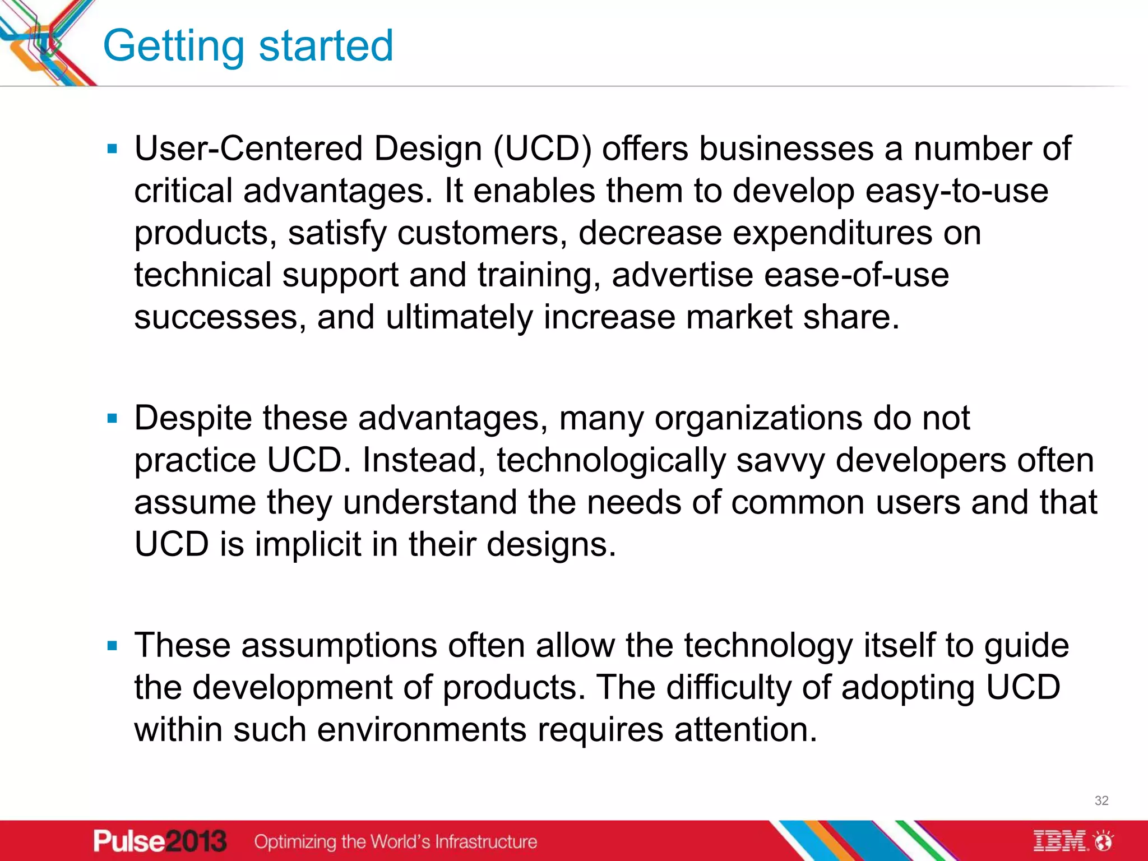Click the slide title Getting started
[x=248, y=46]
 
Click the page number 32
[x=1101, y=800]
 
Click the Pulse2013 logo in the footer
[x=160, y=841]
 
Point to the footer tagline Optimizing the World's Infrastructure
[x=395, y=841]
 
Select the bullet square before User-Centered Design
[x=112, y=149]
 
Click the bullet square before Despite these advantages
[x=112, y=418]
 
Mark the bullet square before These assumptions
[x=112, y=646]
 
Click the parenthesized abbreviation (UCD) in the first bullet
[x=542, y=149]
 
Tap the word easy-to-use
[x=956, y=191]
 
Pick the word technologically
[x=611, y=461]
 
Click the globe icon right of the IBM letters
[x=1104, y=841]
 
